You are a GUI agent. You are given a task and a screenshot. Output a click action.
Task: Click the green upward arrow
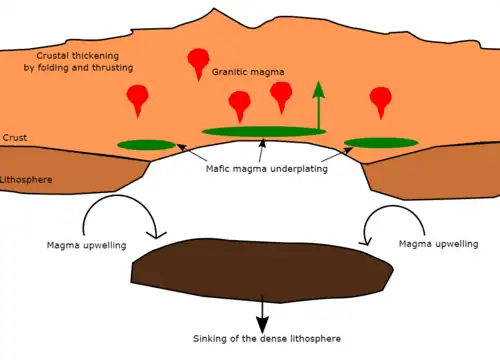(319, 105)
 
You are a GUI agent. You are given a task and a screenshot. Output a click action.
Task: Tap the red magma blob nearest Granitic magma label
(198, 62)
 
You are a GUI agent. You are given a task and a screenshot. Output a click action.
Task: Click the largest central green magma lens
(264, 131)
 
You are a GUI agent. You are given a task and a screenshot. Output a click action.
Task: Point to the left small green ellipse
(146, 145)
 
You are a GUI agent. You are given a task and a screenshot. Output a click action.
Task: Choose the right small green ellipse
(381, 143)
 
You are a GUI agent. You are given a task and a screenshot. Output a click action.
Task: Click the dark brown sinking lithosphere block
(262, 270)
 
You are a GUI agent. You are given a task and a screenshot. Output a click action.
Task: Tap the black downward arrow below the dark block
(262, 314)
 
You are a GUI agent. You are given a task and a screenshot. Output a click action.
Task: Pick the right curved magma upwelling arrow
(393, 206)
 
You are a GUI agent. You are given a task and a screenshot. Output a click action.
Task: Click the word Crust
(15, 138)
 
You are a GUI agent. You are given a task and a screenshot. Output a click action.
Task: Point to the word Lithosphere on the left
(26, 180)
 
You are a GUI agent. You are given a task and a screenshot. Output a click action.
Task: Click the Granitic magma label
(248, 72)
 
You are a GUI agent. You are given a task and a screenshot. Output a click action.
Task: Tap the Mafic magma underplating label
(267, 169)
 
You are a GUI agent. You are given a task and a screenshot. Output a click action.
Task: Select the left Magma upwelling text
(87, 246)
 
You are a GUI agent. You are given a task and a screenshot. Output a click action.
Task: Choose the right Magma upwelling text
(439, 244)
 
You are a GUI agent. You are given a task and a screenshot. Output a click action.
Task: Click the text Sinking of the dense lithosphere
(267, 339)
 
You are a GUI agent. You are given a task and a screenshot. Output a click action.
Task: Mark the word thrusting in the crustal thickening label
(113, 68)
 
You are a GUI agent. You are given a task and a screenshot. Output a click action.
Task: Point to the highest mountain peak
(214, 9)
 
